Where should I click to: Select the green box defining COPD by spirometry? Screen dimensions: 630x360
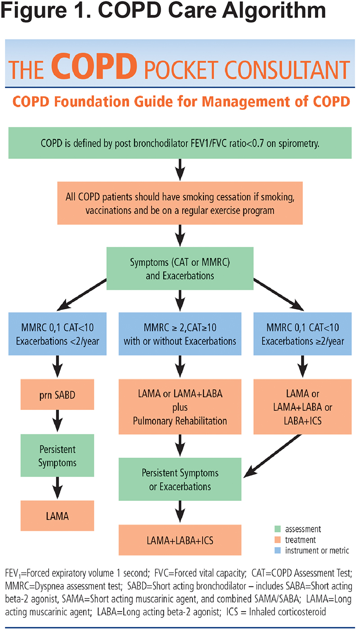coord(180,143)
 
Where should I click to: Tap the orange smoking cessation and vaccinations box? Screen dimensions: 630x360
coord(180,202)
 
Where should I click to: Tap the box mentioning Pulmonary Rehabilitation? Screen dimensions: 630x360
coord(180,408)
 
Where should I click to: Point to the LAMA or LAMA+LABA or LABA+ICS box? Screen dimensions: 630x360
coord(302,408)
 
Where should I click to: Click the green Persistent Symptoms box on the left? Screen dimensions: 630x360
coord(57,456)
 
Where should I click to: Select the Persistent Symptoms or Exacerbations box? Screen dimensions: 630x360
coord(180,480)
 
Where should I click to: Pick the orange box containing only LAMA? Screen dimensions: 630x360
coord(57,516)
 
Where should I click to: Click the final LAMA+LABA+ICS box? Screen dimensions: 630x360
coord(180,540)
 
